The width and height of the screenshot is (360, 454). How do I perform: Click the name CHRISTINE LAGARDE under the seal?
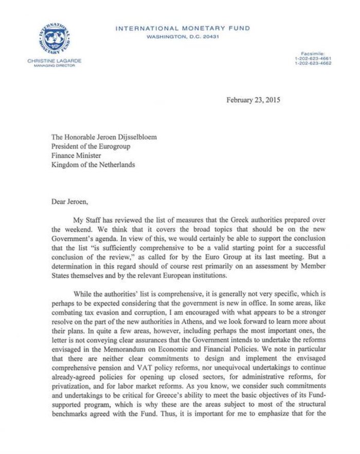click(x=55, y=61)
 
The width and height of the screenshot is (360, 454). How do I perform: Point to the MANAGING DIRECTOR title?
click(x=55, y=66)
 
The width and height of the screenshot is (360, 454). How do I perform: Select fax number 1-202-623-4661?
click(x=313, y=59)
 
